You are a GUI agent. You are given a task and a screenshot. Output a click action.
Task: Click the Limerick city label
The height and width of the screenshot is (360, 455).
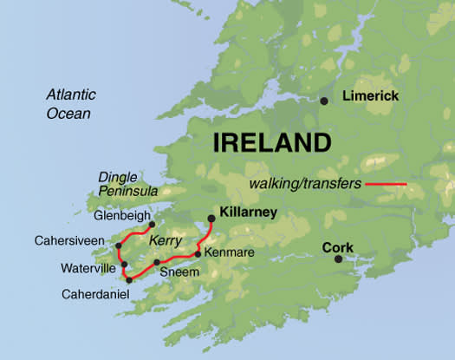pos(371,96)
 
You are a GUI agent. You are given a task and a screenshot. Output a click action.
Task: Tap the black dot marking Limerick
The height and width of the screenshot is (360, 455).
pos(324,101)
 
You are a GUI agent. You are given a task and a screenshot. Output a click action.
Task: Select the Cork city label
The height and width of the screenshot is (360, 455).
pos(338,247)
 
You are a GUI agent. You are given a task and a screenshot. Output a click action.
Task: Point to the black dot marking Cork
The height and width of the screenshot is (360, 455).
pos(338,259)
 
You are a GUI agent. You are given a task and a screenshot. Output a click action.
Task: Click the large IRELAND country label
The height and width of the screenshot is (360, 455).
pos(272,143)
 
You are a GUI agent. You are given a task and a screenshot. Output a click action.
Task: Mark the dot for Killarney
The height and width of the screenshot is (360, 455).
pos(211,219)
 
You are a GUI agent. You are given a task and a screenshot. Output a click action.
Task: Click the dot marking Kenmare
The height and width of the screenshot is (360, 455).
pos(198,253)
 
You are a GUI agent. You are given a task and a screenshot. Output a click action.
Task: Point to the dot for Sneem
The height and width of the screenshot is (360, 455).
pos(156,262)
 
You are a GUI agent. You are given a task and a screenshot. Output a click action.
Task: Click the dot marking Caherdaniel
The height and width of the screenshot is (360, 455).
pos(128,279)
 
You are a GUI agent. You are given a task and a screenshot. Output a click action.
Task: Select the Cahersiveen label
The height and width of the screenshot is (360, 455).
pos(69,239)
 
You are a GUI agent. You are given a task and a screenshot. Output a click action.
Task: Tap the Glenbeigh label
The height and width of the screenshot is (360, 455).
pos(124,216)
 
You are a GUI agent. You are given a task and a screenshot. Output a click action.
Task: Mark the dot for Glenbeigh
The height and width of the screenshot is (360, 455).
pos(152,224)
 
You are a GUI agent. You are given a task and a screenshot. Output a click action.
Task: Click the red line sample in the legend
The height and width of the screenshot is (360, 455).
pos(386,184)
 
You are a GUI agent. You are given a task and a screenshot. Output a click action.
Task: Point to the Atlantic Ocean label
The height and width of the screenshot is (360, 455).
pos(71,104)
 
